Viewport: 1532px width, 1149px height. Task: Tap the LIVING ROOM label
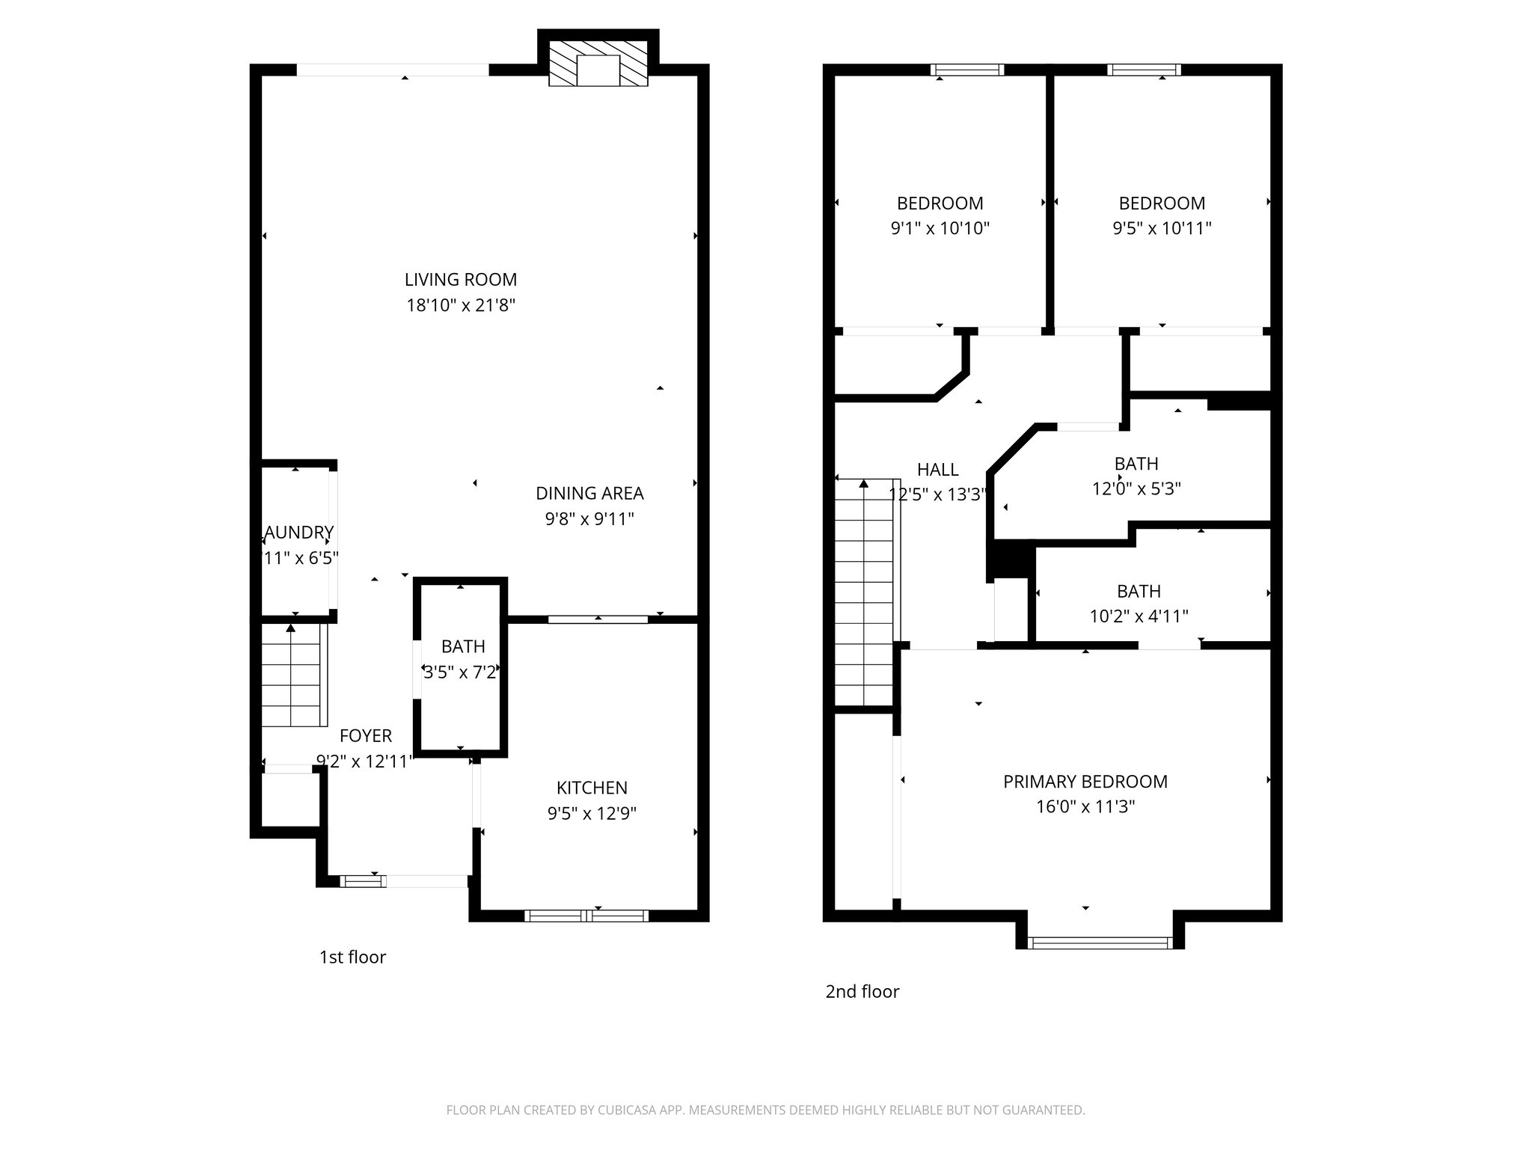tap(461, 280)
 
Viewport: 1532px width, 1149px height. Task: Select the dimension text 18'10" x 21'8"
tap(461, 305)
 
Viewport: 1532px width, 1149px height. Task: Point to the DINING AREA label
tap(589, 494)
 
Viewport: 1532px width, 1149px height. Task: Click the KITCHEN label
tap(592, 788)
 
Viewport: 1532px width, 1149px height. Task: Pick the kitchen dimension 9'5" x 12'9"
tap(592, 813)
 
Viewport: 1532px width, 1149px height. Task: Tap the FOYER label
tap(366, 736)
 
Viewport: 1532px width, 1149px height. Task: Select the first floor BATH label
tap(463, 646)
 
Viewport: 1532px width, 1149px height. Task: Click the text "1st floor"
tap(352, 957)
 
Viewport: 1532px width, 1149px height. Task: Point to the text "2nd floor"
tap(862, 992)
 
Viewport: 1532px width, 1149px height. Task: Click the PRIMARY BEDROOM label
tap(1085, 782)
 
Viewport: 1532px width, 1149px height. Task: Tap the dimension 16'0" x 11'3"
tap(1085, 806)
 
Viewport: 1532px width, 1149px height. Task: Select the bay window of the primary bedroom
tap(1099, 943)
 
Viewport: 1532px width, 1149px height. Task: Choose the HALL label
tap(938, 470)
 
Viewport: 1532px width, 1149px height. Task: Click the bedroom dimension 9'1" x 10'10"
tap(940, 228)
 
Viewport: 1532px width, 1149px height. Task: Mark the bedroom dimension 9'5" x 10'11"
tap(1162, 228)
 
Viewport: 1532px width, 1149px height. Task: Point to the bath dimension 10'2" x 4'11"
tap(1139, 616)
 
